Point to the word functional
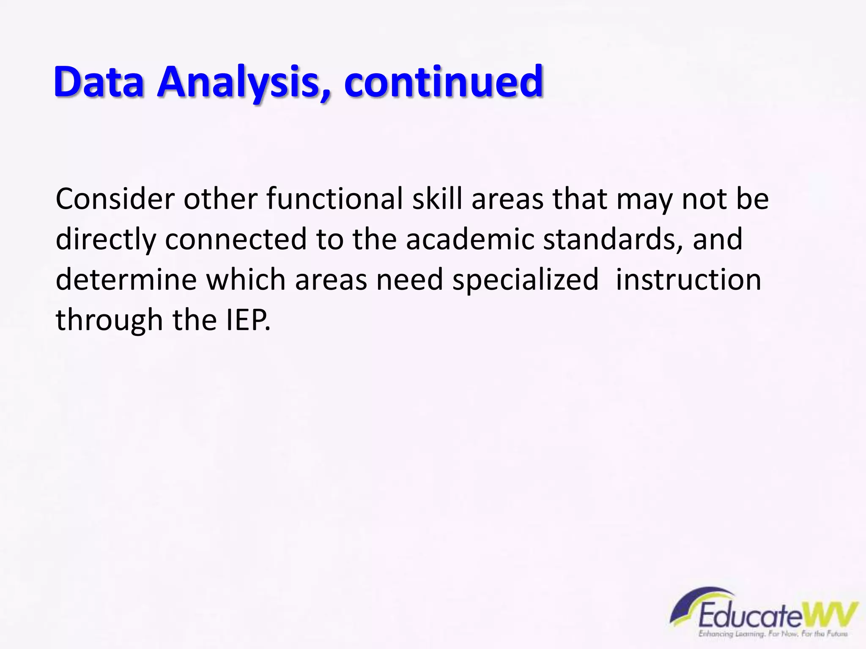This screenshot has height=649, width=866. coord(334,199)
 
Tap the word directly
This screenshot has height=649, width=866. coord(106,240)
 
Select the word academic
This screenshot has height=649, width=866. coord(470,240)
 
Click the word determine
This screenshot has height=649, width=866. coord(126,280)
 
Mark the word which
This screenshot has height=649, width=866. coord(246,280)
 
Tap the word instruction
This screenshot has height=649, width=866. coord(688,280)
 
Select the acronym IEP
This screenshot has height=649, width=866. coord(247,320)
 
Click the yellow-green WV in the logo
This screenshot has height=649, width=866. coord(830,615)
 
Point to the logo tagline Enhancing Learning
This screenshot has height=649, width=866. coord(732,634)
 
